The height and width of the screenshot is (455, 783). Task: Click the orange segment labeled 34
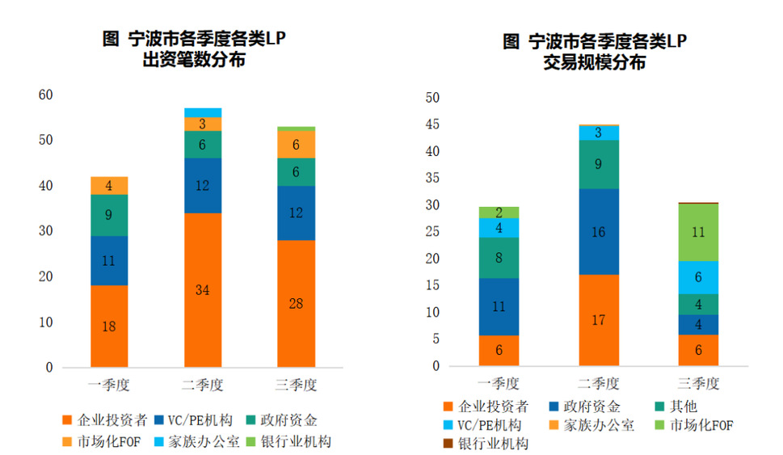(x=203, y=289)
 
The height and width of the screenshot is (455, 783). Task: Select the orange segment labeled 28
(x=297, y=303)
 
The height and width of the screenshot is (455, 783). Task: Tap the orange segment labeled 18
(x=109, y=326)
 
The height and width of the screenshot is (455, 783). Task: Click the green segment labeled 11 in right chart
(x=699, y=232)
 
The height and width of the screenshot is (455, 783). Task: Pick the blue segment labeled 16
(x=599, y=232)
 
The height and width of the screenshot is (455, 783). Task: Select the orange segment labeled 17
(x=599, y=320)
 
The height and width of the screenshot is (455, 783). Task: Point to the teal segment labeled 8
(x=499, y=259)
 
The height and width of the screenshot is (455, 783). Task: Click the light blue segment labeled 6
(x=699, y=276)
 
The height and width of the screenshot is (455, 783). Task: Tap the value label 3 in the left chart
(x=203, y=124)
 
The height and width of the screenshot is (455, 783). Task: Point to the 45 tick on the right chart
(x=432, y=124)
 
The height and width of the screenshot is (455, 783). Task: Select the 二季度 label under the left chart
(x=203, y=385)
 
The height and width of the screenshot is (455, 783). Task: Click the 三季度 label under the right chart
(x=699, y=383)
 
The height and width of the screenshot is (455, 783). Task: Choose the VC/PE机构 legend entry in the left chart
(x=195, y=420)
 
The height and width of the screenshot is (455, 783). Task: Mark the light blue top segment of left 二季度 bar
(x=203, y=112)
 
